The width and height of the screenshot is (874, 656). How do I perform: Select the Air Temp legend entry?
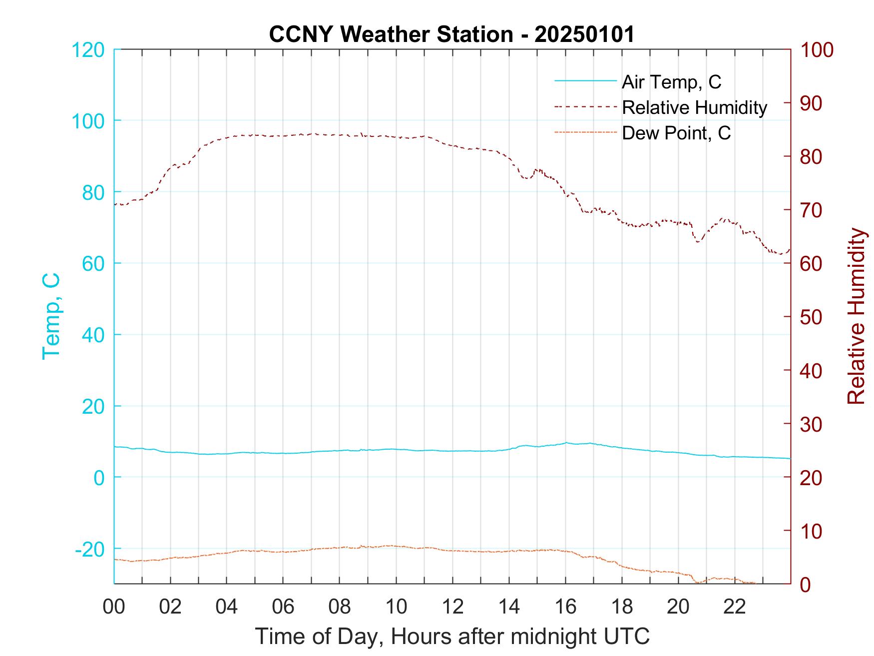[671, 82]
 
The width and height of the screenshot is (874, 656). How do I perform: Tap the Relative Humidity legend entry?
[694, 107]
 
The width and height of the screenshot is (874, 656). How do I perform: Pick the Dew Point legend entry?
[676, 133]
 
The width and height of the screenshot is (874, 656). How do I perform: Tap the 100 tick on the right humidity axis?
[817, 50]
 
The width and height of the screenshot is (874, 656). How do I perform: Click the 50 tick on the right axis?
[812, 317]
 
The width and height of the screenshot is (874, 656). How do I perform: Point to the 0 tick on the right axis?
[807, 584]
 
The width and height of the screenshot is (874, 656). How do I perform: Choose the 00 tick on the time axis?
[114, 607]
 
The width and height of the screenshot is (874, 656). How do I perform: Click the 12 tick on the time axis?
[452, 607]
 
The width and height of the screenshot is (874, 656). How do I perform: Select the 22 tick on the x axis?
[735, 607]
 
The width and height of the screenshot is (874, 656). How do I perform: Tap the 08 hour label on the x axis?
[340, 607]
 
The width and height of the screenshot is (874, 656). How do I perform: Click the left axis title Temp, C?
[51, 316]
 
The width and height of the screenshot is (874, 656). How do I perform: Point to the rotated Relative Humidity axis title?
[856, 316]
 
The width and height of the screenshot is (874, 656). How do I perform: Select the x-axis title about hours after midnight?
[452, 637]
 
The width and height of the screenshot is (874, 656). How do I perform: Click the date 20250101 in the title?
[584, 34]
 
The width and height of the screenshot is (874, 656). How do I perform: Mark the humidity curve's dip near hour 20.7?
[698, 242]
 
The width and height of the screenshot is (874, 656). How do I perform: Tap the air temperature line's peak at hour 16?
[566, 443]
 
